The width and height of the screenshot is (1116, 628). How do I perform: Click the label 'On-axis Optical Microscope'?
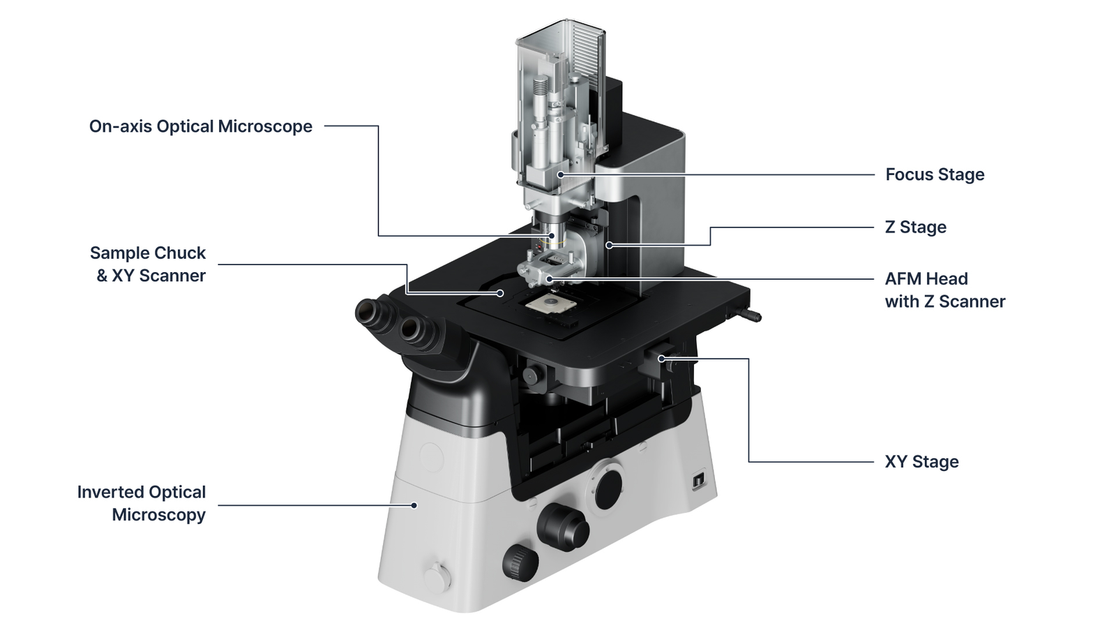[x=201, y=126]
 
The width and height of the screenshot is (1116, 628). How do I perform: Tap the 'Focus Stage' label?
[x=935, y=174]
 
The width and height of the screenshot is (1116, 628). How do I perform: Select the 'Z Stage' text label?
[x=916, y=227]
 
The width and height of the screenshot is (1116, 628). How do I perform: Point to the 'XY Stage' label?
[x=921, y=461]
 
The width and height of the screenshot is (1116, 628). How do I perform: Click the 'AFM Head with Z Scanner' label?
[x=945, y=290]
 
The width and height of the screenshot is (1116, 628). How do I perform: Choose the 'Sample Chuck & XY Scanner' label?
[x=148, y=264]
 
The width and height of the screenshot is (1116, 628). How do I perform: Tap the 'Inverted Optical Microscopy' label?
[x=142, y=503]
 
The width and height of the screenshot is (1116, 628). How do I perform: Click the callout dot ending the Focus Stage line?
[x=561, y=174]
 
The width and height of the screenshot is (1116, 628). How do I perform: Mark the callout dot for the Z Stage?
[x=609, y=245]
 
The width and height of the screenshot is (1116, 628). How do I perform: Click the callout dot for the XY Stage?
[x=661, y=359]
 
